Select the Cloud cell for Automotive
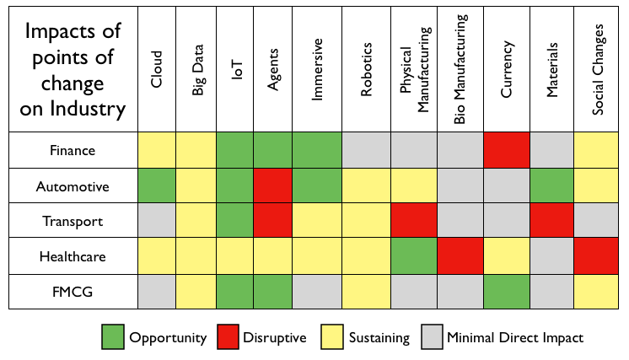point(157,185)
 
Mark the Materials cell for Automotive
point(552,185)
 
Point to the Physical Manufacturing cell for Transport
point(414,221)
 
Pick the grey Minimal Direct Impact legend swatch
point(433,338)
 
